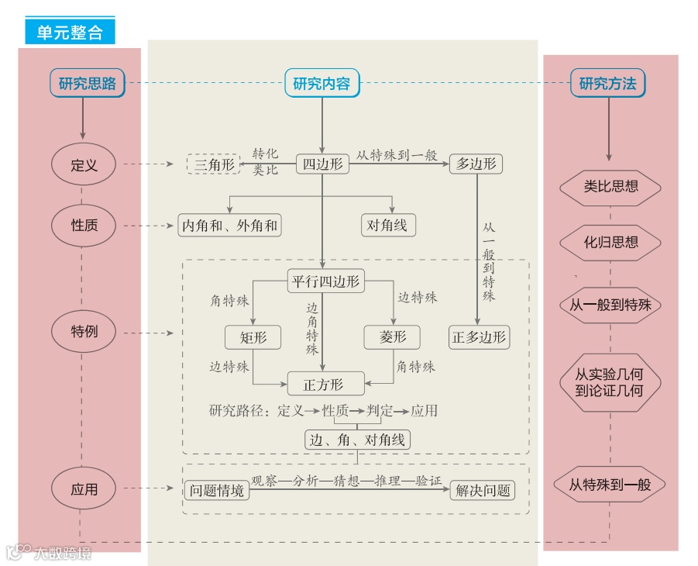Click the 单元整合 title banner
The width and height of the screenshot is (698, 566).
[x=70, y=32]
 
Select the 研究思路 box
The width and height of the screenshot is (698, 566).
[x=87, y=84]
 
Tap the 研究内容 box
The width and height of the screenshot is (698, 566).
[x=321, y=84]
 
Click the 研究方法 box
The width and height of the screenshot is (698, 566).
[x=607, y=84]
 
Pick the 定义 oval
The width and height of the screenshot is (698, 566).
[x=83, y=165]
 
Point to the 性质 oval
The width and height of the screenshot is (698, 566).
[x=84, y=226]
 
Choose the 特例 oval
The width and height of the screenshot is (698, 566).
[x=84, y=333]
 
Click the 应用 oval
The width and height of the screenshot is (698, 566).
[x=84, y=490]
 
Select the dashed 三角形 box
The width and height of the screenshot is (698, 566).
[x=211, y=164]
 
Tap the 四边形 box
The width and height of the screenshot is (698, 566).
[x=322, y=164]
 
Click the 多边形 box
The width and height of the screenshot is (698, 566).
[x=476, y=164]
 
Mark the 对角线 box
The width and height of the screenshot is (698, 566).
[x=389, y=226]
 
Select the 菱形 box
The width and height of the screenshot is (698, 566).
[x=392, y=337]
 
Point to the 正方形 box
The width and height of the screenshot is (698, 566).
[x=325, y=384]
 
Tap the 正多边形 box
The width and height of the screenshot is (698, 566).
[x=480, y=337]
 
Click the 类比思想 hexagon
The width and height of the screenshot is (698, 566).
[x=610, y=187]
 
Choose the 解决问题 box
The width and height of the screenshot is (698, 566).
[x=483, y=490]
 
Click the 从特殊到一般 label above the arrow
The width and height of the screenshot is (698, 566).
[x=397, y=155]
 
